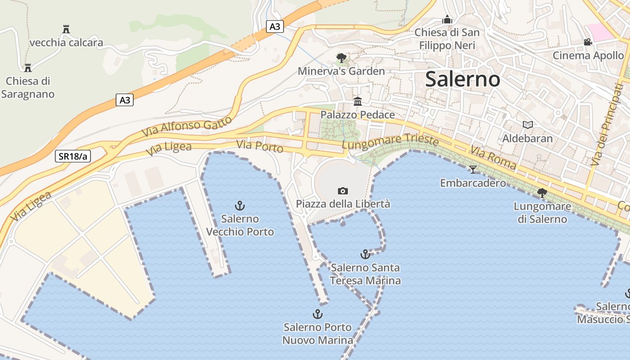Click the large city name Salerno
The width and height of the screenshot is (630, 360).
click(x=462, y=80)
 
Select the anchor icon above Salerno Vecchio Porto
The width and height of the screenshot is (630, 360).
click(x=240, y=206)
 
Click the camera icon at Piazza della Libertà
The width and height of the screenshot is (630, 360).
click(x=343, y=191)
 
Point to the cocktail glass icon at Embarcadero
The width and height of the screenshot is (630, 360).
click(x=472, y=170)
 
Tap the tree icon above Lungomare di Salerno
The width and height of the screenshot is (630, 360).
click(x=542, y=193)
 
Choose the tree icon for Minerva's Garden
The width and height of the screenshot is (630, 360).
click(x=342, y=58)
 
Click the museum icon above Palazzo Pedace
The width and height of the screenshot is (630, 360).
click(x=358, y=101)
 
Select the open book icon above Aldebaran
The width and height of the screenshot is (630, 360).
click(x=527, y=125)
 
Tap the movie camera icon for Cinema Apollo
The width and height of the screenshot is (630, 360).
click(x=588, y=42)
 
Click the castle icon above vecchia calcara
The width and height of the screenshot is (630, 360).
click(x=66, y=29)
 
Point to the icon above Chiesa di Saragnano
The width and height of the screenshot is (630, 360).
click(x=28, y=68)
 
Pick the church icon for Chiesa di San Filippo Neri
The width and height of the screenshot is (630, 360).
click(x=447, y=19)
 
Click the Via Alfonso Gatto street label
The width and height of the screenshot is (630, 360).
click(x=187, y=126)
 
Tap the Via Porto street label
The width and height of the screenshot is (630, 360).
click(x=260, y=146)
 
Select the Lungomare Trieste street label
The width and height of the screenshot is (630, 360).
click(x=390, y=141)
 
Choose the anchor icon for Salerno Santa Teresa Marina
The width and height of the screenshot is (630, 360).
click(x=365, y=254)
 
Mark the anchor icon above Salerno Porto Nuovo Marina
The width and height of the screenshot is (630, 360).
click(x=318, y=314)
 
